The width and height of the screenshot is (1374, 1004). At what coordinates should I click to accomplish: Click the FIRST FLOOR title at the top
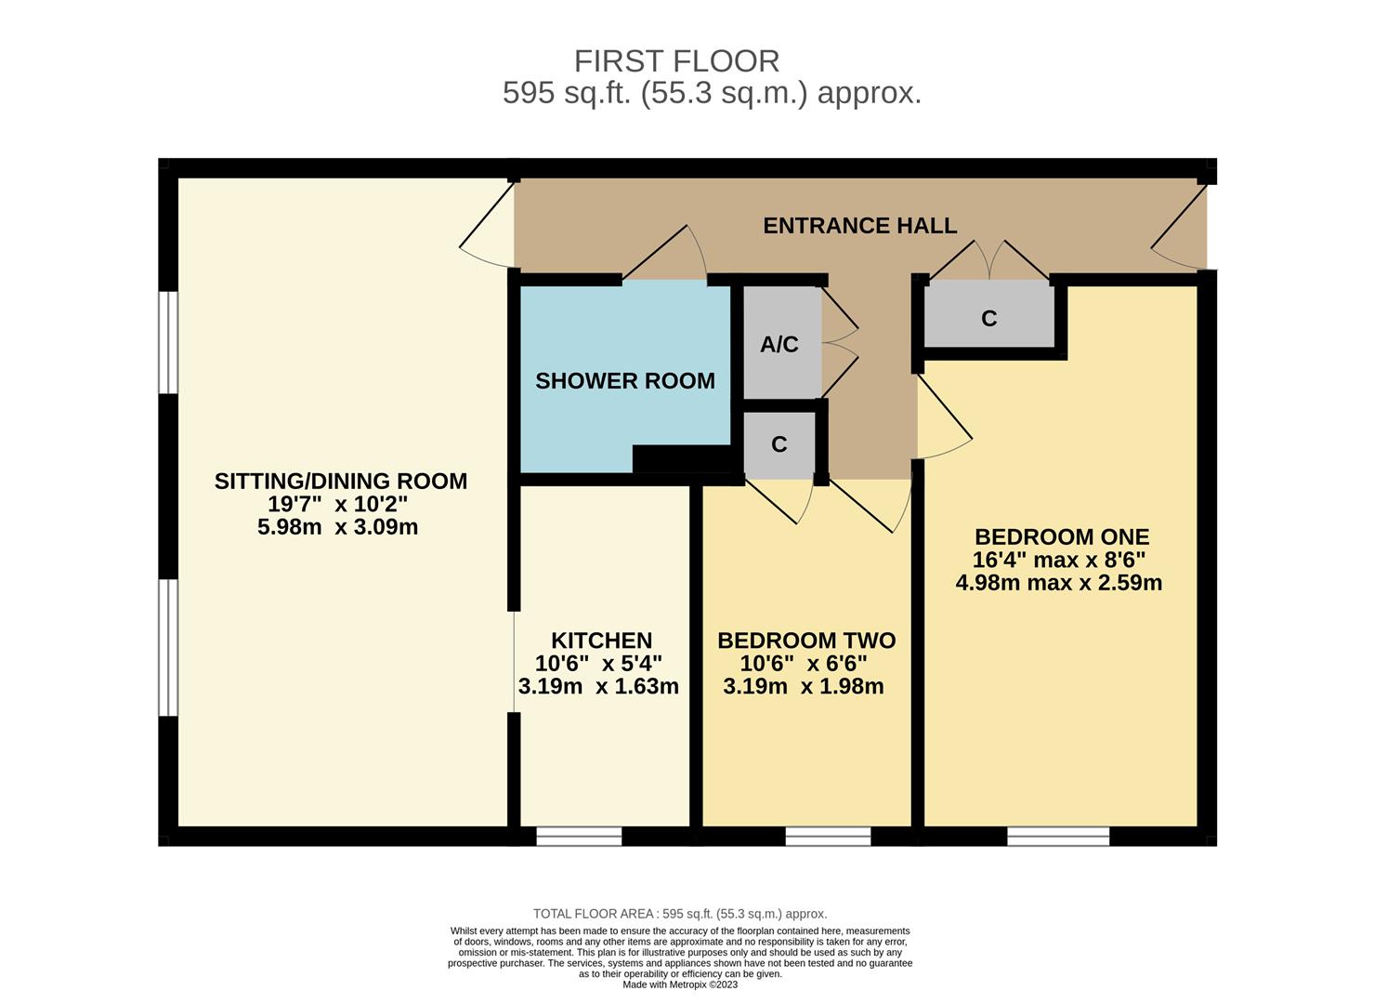coord(676,61)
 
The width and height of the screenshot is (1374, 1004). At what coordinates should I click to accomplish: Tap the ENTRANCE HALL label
coord(859,226)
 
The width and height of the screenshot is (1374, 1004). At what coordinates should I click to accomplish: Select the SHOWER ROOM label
coord(625,381)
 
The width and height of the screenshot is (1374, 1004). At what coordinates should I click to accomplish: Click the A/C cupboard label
coord(779,345)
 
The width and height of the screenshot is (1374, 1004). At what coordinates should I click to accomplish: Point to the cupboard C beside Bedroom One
coord(988,319)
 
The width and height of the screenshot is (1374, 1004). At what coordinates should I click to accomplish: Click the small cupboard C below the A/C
coord(779,445)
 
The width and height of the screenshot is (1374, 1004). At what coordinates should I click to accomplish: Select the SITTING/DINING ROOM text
coord(340,482)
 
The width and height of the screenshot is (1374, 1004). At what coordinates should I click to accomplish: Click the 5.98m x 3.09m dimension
coord(337,527)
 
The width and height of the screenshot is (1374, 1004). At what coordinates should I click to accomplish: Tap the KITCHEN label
coord(601,641)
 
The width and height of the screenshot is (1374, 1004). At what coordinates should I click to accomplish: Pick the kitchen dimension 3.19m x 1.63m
coord(598,687)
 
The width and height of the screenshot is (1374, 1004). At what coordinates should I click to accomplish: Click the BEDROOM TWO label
coord(805,641)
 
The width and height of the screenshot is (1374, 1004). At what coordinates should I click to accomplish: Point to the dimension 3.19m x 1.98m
coord(803,687)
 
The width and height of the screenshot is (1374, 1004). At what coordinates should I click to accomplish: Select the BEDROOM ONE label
coord(1061,537)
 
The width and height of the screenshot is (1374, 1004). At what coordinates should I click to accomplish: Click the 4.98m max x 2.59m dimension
coord(1058,583)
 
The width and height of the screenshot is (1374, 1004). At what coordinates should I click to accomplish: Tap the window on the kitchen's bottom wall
coord(579,837)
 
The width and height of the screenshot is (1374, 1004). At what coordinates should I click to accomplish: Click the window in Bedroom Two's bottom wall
coord(828,837)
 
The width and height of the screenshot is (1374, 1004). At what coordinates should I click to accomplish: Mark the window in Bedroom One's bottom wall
coord(1058,837)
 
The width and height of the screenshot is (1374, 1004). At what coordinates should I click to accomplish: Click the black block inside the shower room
coord(681,458)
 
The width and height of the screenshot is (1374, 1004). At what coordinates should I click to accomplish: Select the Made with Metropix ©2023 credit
coord(680,984)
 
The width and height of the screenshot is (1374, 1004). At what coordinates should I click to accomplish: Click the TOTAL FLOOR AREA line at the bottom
coord(680,914)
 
